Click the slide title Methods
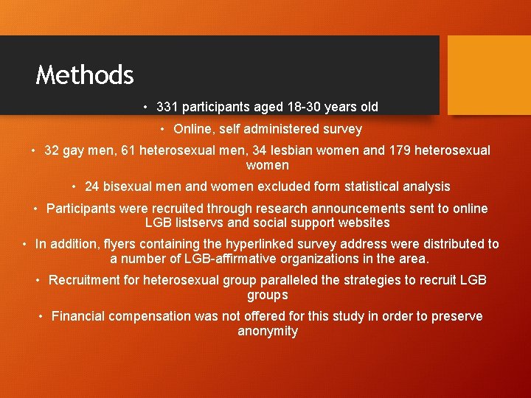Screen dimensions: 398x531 click(85, 75)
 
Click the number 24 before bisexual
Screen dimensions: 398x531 click(93, 186)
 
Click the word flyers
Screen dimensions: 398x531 click(119, 244)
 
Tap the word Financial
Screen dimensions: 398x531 click(78, 316)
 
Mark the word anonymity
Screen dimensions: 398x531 click(268, 331)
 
